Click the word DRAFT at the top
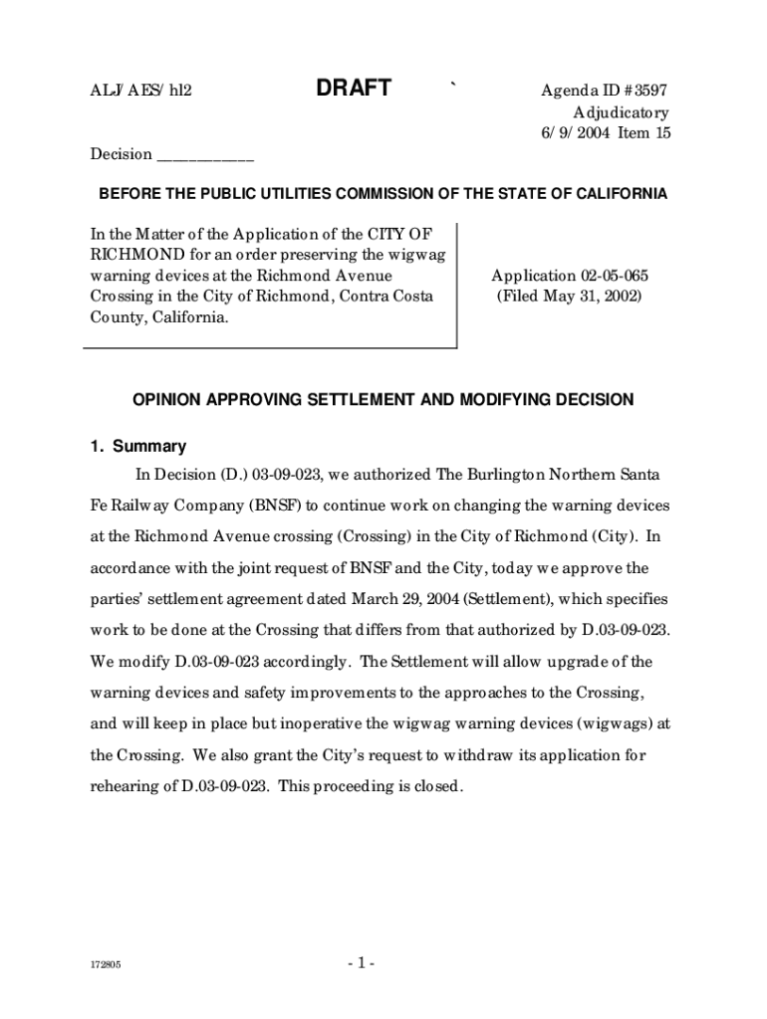[x=354, y=89]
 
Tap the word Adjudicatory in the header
[x=620, y=113]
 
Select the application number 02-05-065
[x=595, y=276]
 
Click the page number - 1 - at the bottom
[x=361, y=963]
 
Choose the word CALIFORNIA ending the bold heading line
[x=620, y=194]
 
